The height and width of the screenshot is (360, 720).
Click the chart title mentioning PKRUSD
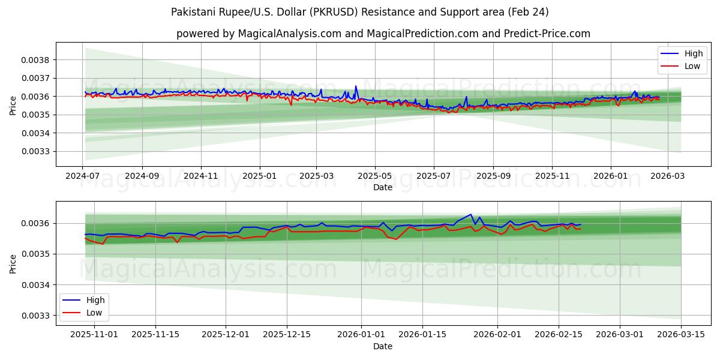tap(359, 12)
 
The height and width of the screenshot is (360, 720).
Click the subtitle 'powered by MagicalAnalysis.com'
tap(383, 34)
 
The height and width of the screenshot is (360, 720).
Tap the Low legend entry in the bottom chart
tap(94, 313)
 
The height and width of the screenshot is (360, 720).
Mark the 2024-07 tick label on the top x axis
tap(83, 176)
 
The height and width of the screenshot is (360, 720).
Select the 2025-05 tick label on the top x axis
tap(375, 176)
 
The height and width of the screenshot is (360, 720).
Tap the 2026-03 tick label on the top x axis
tap(668, 176)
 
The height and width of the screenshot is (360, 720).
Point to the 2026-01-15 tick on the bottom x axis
tap(422, 335)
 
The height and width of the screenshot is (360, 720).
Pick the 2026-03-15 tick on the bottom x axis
tap(681, 335)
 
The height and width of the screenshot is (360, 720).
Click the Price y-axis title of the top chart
tap(13, 106)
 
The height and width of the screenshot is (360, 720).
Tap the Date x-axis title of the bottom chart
tap(383, 346)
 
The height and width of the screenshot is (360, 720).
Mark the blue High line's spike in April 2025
tap(356, 86)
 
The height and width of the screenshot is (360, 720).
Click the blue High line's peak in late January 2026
tap(471, 214)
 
